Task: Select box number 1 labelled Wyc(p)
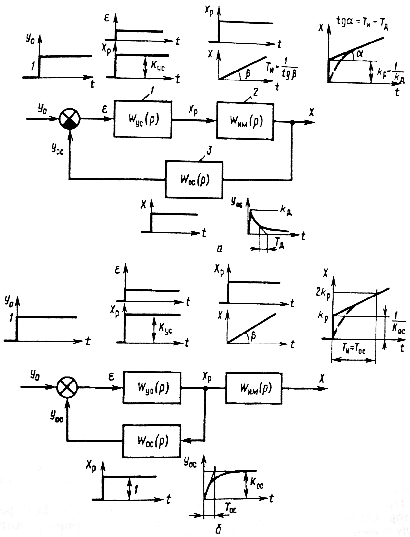pyautogui.click(x=142, y=119)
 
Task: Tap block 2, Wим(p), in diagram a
pyautogui.click(x=245, y=121)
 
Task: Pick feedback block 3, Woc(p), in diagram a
pyautogui.click(x=194, y=179)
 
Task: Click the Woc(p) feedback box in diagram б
pyautogui.click(x=151, y=440)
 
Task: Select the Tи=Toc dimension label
pyautogui.click(x=353, y=350)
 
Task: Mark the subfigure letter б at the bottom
pyautogui.click(x=218, y=530)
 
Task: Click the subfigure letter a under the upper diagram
pyautogui.click(x=220, y=249)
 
